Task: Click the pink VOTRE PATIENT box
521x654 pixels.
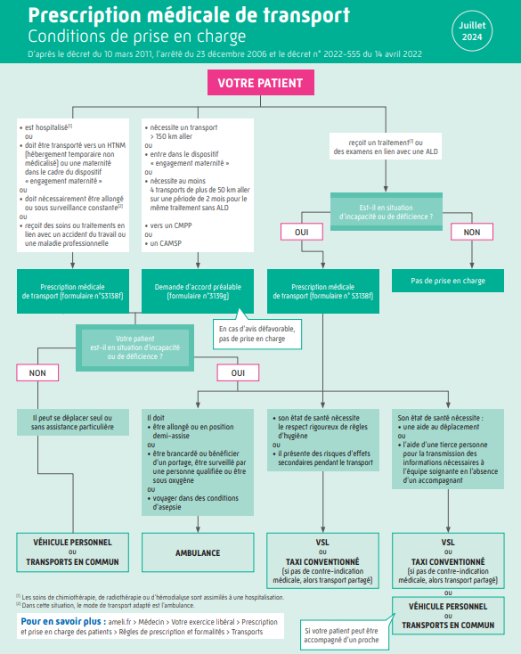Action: [x=260, y=83]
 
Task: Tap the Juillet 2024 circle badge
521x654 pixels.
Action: [x=472, y=31]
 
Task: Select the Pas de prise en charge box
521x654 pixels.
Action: [x=448, y=281]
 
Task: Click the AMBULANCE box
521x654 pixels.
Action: [x=198, y=552]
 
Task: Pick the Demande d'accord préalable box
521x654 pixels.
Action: [x=198, y=291]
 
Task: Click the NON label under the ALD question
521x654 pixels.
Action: [x=472, y=232]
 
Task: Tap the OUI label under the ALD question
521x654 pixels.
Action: [x=302, y=232]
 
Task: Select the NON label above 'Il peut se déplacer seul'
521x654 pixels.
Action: [x=37, y=372]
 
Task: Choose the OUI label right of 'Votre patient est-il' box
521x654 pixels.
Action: [x=238, y=372]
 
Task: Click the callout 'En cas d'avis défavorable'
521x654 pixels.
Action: [x=257, y=333]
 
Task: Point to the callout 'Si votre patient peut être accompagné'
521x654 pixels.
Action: [x=345, y=634]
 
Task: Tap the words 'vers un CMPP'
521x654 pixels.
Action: [x=171, y=225]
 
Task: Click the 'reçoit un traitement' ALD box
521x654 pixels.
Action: [x=386, y=146]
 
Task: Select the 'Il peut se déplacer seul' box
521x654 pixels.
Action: [x=72, y=422]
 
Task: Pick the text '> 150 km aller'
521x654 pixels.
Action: [x=171, y=136]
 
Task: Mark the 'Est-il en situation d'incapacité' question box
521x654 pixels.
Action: [x=387, y=212]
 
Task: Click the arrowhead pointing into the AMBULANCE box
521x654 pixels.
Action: [x=198, y=529]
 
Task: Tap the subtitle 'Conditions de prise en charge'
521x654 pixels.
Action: [x=137, y=37]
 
